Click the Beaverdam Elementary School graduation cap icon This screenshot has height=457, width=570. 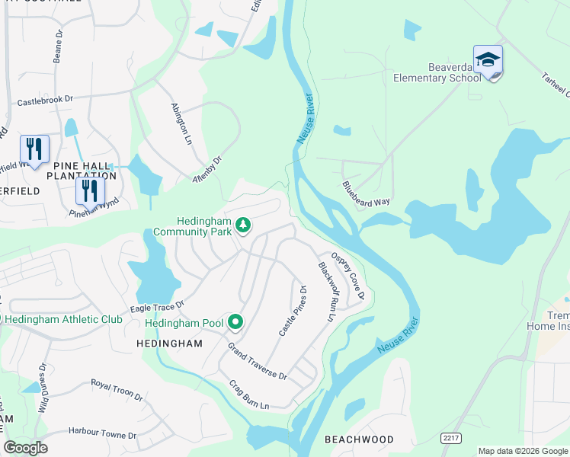click(488, 60)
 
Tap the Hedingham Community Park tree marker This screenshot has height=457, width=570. click(243, 225)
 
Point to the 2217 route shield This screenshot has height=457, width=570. click(450, 436)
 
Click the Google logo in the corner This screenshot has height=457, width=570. click(25, 448)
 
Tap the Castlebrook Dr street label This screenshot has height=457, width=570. click(45, 100)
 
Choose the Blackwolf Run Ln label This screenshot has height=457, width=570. click(326, 291)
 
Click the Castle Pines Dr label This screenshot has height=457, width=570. click(293, 312)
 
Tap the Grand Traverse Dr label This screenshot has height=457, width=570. click(258, 361)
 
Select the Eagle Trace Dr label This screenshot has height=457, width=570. click(158, 305)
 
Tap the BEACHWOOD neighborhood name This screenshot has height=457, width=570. click(359, 439)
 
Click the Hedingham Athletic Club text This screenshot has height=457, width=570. click(64, 319)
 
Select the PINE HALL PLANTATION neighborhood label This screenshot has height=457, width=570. click(85, 171)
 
